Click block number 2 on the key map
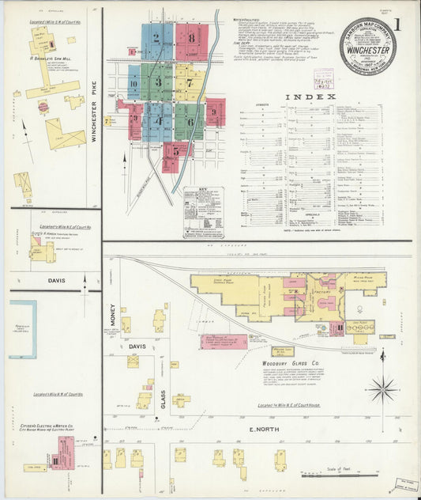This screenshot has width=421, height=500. (156, 37)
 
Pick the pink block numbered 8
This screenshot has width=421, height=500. (191, 38)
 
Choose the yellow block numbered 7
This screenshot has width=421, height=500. (190, 81)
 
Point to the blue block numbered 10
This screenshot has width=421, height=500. (133, 82)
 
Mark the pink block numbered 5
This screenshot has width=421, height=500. (175, 151)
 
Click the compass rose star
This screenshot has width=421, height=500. (383, 388)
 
